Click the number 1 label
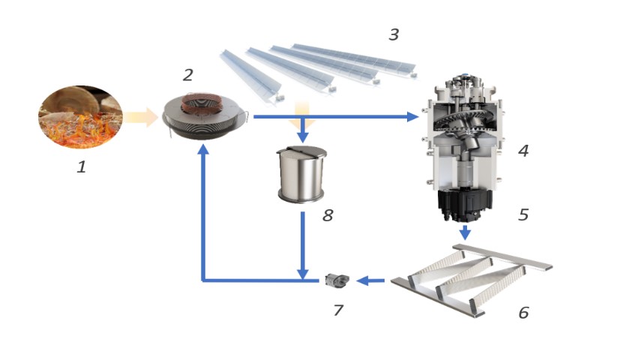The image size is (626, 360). [x=81, y=167]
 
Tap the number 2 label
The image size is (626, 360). [x=188, y=74]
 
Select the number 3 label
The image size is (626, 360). [x=394, y=34]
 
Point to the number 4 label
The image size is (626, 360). [x=523, y=151]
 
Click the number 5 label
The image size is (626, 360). [x=523, y=214]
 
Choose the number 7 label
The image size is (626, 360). [x=338, y=309]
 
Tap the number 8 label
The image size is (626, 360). [x=327, y=216]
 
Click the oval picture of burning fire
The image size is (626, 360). [x=80, y=117]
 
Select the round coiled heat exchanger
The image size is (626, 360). [x=204, y=118]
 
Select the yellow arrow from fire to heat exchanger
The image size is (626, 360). [x=141, y=117]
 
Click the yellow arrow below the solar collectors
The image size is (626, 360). [x=302, y=112]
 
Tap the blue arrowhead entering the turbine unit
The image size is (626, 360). [x=412, y=117]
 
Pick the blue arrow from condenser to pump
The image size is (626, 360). [x=371, y=281]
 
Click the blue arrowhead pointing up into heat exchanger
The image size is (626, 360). [x=203, y=150]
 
